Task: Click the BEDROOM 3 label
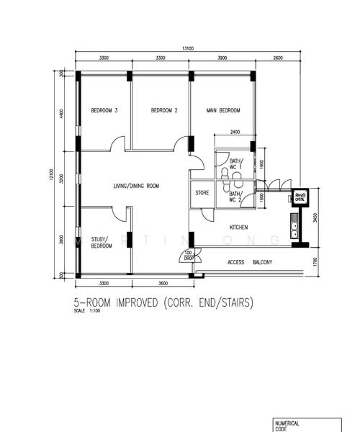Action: point(104,110)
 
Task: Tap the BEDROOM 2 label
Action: point(164,110)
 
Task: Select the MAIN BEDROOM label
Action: point(222,110)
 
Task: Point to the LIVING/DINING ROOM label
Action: point(136,186)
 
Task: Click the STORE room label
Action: point(202,193)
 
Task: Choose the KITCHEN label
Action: point(239,228)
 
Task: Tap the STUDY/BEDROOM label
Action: point(102,243)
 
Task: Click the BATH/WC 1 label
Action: point(236,164)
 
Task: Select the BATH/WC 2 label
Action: point(235,197)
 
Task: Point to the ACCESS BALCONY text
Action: point(250,262)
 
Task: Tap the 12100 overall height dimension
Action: point(51,174)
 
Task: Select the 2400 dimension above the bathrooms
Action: point(235,132)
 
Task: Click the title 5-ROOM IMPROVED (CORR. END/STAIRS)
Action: point(163,303)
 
